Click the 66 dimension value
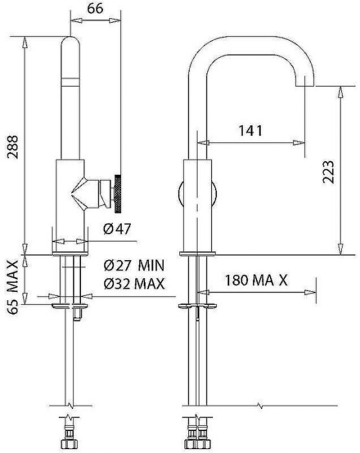click(95, 8)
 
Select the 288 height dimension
click(13, 147)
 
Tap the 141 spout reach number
click(251, 131)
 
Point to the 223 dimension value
click(328, 172)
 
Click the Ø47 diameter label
click(117, 229)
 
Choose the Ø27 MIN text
click(134, 265)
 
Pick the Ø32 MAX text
click(134, 283)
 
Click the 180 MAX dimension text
click(256, 280)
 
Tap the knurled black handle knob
click(118, 193)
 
